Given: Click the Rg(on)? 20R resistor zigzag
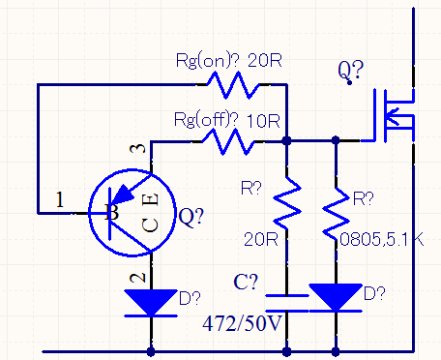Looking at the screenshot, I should coord(232,85).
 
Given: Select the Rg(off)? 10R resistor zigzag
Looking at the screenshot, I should coord(228,141).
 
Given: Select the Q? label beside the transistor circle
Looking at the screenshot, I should coord(192,218).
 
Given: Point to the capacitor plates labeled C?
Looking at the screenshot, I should coord(287,299).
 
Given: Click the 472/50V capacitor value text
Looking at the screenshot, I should coord(241,321).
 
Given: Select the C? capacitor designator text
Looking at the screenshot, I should coord(247,284).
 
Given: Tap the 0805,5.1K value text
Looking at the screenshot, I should coord(378,235).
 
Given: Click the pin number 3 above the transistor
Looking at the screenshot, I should coord(141,149).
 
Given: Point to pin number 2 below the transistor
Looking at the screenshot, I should coord(139,277).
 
